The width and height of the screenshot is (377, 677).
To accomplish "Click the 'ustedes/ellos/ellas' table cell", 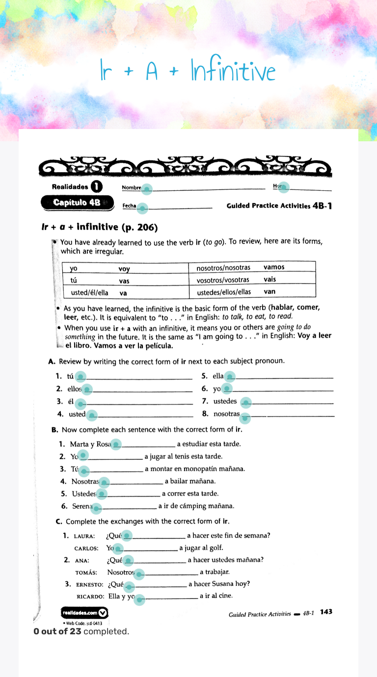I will coord(224,292).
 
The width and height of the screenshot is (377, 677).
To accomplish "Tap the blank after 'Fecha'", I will coord(142,208).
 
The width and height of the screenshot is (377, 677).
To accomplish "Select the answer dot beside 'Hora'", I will coord(284,187).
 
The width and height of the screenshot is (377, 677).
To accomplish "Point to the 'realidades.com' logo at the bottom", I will coord(84,612).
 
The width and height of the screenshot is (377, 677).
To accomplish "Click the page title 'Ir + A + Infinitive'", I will coord(188,72).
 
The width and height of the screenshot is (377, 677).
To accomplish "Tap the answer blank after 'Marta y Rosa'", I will coord(116,444).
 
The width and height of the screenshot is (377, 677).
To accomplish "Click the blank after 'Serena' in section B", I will coord(97,507).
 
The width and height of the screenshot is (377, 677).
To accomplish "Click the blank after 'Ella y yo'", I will coord(140,598).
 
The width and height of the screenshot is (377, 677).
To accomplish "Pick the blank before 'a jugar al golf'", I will coord(119,549).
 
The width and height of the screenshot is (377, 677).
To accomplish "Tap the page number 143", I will coord(326,612).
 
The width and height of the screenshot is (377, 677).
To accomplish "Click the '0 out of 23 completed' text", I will coord(81,631).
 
